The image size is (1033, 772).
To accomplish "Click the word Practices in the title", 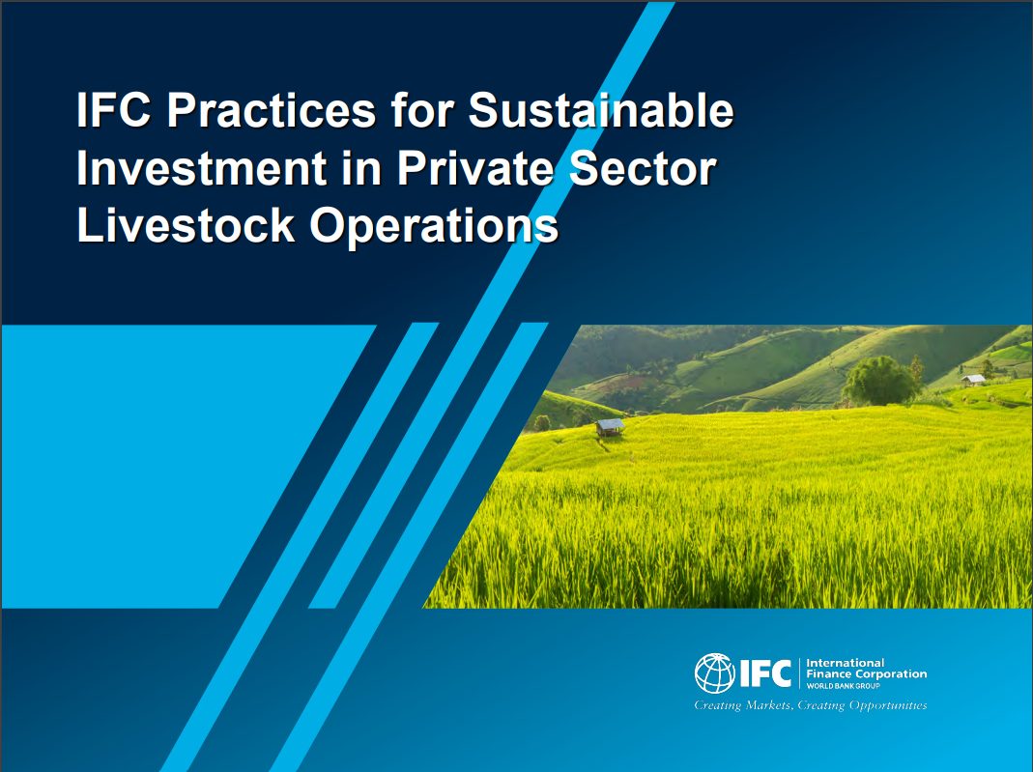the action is [271, 110].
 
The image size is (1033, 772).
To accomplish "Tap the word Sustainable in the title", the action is [600, 110].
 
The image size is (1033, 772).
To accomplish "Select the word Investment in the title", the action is [202, 168].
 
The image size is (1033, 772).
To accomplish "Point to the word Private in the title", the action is [475, 168].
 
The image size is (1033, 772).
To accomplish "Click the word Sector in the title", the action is [643, 168].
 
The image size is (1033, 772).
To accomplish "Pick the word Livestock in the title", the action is [186, 226].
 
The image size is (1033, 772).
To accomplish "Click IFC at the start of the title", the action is [113, 110].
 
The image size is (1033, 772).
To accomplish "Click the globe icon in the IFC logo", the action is [714, 673].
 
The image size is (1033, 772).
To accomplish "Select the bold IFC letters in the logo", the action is [765, 673].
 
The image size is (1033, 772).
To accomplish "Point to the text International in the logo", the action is [845, 663].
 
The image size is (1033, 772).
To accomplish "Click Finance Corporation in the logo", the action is [867, 673].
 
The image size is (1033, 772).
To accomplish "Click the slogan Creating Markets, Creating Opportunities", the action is [811, 705].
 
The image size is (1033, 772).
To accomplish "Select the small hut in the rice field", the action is [610, 427].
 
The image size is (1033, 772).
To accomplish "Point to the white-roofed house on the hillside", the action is [973, 380].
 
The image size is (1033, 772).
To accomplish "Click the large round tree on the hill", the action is [879, 381].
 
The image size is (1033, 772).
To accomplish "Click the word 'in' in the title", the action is [361, 168].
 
